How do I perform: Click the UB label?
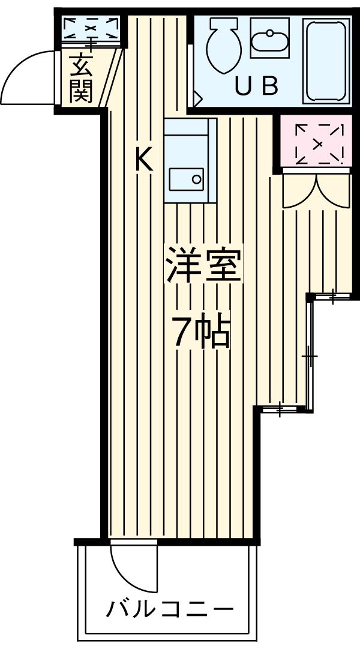tap(256, 88)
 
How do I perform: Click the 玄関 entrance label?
tap(80, 78)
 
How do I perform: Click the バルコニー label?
tap(170, 611)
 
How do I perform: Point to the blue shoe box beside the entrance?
tap(91, 29)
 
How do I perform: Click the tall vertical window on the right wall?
tap(310, 357)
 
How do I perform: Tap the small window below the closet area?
tap(331, 295)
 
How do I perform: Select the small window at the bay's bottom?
tap(282, 410)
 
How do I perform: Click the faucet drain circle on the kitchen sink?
tap(196, 178)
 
